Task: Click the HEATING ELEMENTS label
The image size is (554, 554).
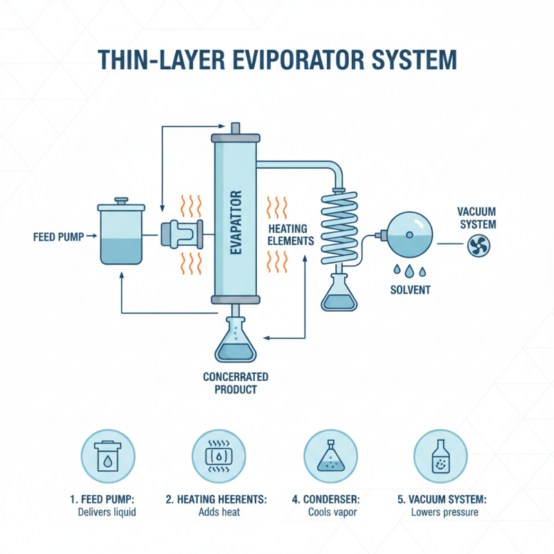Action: click(x=289, y=235)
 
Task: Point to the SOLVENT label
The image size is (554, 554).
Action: click(x=410, y=290)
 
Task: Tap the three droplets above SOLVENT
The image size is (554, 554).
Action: click(x=409, y=270)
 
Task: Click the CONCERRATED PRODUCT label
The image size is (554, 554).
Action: click(x=235, y=383)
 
